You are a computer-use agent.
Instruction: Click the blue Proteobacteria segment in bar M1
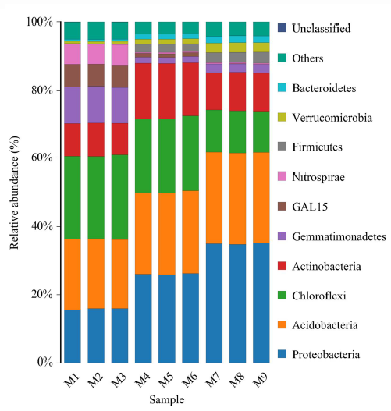click(x=73, y=336)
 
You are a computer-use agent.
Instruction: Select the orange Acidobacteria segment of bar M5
click(x=167, y=234)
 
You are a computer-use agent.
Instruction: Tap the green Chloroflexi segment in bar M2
click(x=96, y=197)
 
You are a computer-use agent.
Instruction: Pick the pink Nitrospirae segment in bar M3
click(x=119, y=55)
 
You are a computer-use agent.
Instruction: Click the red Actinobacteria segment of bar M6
click(x=190, y=89)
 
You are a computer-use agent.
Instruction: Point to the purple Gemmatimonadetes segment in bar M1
click(x=73, y=105)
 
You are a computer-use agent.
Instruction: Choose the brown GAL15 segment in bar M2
click(x=96, y=75)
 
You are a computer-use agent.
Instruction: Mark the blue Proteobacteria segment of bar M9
click(x=261, y=303)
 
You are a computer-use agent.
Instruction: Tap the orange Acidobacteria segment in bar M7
click(x=214, y=197)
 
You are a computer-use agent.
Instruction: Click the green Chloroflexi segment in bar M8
click(x=237, y=132)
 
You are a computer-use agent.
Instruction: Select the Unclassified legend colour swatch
click(x=283, y=28)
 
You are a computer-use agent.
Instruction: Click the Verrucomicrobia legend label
click(x=332, y=118)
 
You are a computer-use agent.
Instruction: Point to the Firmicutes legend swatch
click(x=283, y=147)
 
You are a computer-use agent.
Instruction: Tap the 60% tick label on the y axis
click(x=42, y=158)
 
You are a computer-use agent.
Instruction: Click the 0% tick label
click(x=44, y=362)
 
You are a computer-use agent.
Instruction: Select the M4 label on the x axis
click(x=143, y=380)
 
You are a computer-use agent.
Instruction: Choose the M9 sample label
click(x=261, y=380)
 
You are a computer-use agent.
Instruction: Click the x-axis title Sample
click(x=167, y=400)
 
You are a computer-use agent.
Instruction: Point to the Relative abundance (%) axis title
click(x=15, y=193)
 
